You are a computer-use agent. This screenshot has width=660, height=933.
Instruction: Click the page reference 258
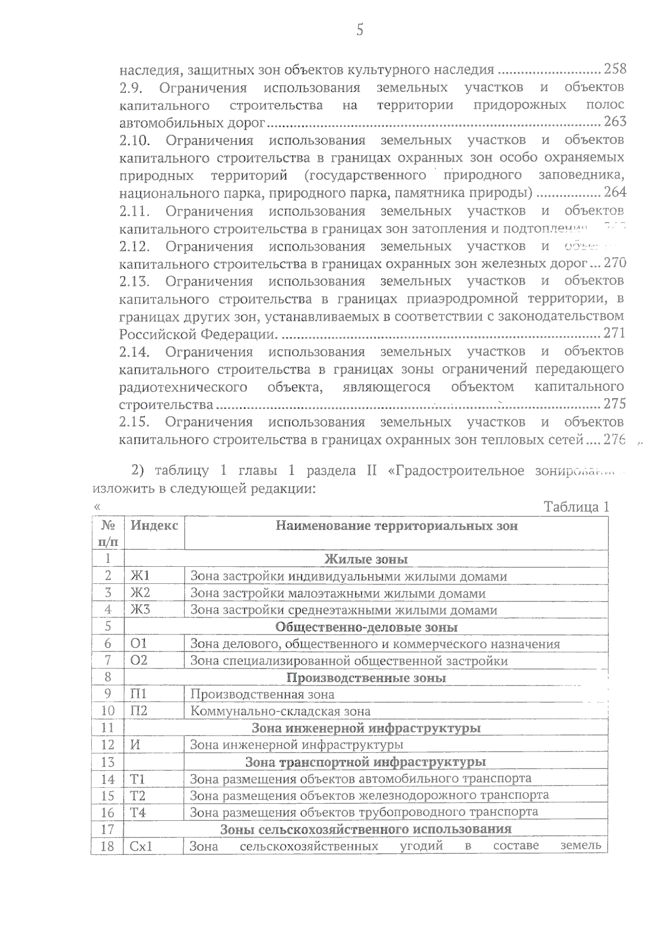click(615, 69)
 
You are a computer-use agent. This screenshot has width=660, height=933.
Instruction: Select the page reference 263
click(615, 122)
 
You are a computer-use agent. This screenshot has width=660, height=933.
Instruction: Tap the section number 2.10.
click(135, 141)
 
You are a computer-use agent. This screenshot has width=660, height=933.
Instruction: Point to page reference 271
click(615, 333)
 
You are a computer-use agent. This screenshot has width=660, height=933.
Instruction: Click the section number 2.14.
click(135, 352)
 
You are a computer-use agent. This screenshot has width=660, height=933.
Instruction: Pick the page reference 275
click(615, 404)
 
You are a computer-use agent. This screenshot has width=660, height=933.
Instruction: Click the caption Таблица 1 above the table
click(576, 507)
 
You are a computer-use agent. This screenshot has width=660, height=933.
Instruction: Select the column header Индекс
click(154, 526)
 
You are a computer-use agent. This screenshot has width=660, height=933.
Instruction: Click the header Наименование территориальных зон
click(397, 526)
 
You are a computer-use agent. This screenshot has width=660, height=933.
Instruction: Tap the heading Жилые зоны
click(366, 560)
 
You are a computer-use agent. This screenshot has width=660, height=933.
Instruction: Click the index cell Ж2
click(140, 593)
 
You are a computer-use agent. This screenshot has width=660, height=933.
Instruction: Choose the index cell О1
click(139, 644)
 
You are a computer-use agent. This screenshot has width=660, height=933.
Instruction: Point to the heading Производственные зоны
click(366, 678)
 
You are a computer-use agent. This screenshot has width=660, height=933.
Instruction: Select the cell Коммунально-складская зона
click(280, 711)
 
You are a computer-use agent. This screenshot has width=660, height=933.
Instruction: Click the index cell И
click(135, 745)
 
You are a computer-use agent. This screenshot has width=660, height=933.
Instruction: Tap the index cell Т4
click(138, 813)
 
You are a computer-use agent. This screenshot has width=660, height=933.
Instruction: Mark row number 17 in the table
click(108, 829)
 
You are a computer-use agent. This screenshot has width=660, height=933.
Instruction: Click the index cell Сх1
click(141, 846)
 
